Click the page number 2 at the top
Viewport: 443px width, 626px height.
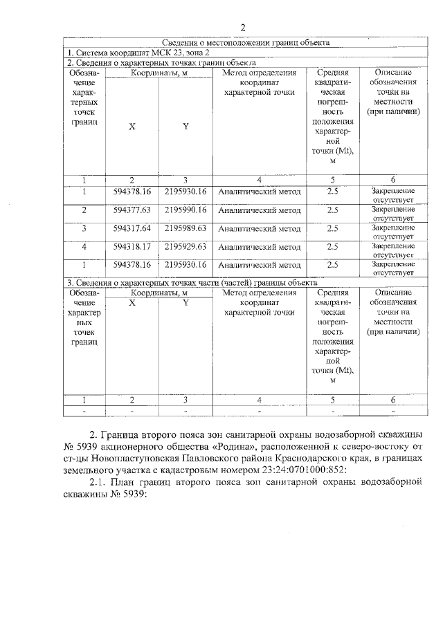pos(243,28)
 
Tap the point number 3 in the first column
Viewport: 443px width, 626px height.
pos(84,228)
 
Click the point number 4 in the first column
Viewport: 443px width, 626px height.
pos(84,246)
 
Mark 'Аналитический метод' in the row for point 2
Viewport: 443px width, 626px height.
pos(259,210)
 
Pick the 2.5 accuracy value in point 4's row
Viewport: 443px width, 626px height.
pos(332,246)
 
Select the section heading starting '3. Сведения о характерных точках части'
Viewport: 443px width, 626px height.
pos(191,282)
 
